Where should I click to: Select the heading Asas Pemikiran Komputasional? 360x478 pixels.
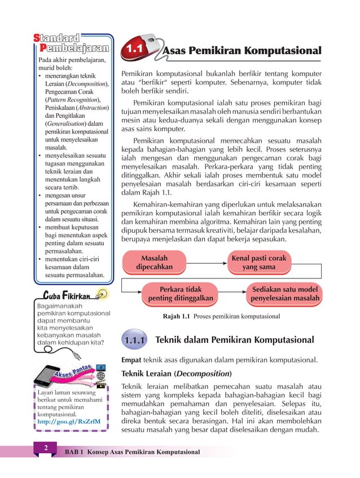click(x=242, y=51)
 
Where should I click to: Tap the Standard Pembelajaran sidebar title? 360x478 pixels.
click(x=73, y=43)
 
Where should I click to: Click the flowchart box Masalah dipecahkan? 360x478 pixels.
click(x=154, y=263)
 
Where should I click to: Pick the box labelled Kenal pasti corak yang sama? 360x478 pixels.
click(x=259, y=263)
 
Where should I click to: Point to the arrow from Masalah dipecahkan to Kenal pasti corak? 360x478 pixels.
click(x=207, y=263)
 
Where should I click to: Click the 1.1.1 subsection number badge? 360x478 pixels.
click(x=135, y=340)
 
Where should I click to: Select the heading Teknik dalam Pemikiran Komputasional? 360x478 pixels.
click(x=234, y=340)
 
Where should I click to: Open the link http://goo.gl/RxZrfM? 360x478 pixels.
click(x=68, y=421)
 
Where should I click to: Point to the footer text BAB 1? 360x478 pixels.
click(x=74, y=452)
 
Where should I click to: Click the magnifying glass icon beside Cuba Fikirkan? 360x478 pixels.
click(x=102, y=293)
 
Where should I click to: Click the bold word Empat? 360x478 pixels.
click(x=131, y=359)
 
